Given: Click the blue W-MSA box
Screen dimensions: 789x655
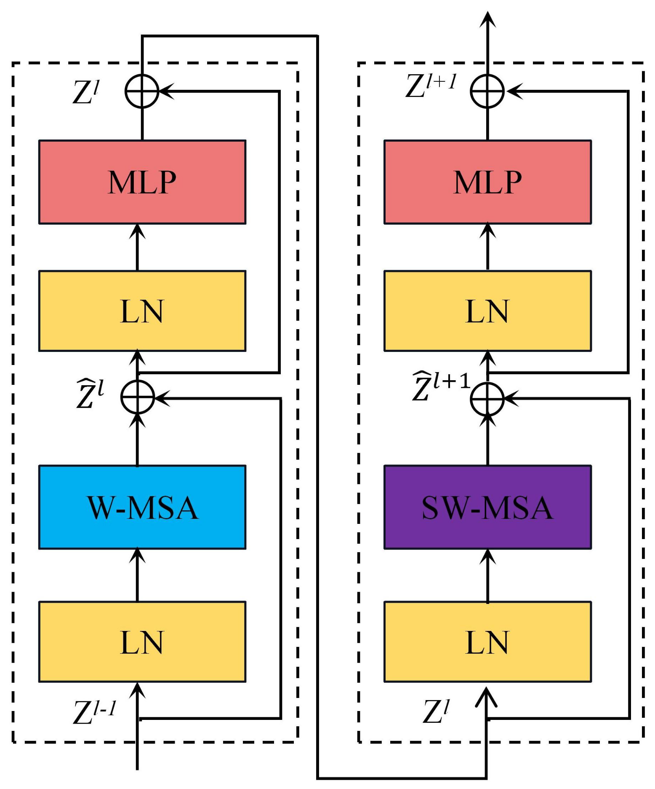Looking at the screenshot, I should point(142,507).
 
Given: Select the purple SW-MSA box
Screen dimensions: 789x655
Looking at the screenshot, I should point(487,507).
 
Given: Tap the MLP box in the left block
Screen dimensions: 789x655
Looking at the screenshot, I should point(142,182).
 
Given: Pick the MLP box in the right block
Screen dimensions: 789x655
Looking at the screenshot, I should point(487,182).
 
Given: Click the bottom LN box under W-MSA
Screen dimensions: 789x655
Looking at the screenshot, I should point(142,641).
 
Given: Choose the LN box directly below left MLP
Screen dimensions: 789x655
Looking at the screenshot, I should point(142,311).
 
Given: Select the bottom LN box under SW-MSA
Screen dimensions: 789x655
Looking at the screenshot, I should point(487,641).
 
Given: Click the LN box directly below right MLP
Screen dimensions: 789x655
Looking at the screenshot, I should point(487,311).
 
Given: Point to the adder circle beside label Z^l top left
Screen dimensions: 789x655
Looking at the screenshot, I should point(142,91).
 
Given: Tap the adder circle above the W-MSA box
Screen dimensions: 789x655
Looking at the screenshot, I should point(138,397).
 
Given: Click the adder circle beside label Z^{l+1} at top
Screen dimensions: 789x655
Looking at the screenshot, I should point(487,91).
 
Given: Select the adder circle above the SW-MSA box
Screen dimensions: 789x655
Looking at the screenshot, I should point(487,399).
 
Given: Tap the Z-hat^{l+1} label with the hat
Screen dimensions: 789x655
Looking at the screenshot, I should point(440,386).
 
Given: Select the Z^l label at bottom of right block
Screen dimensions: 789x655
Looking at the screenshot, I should point(436,711).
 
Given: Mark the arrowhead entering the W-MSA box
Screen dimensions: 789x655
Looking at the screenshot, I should point(137,556).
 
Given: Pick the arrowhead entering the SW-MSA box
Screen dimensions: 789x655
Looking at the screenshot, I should point(487,556).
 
